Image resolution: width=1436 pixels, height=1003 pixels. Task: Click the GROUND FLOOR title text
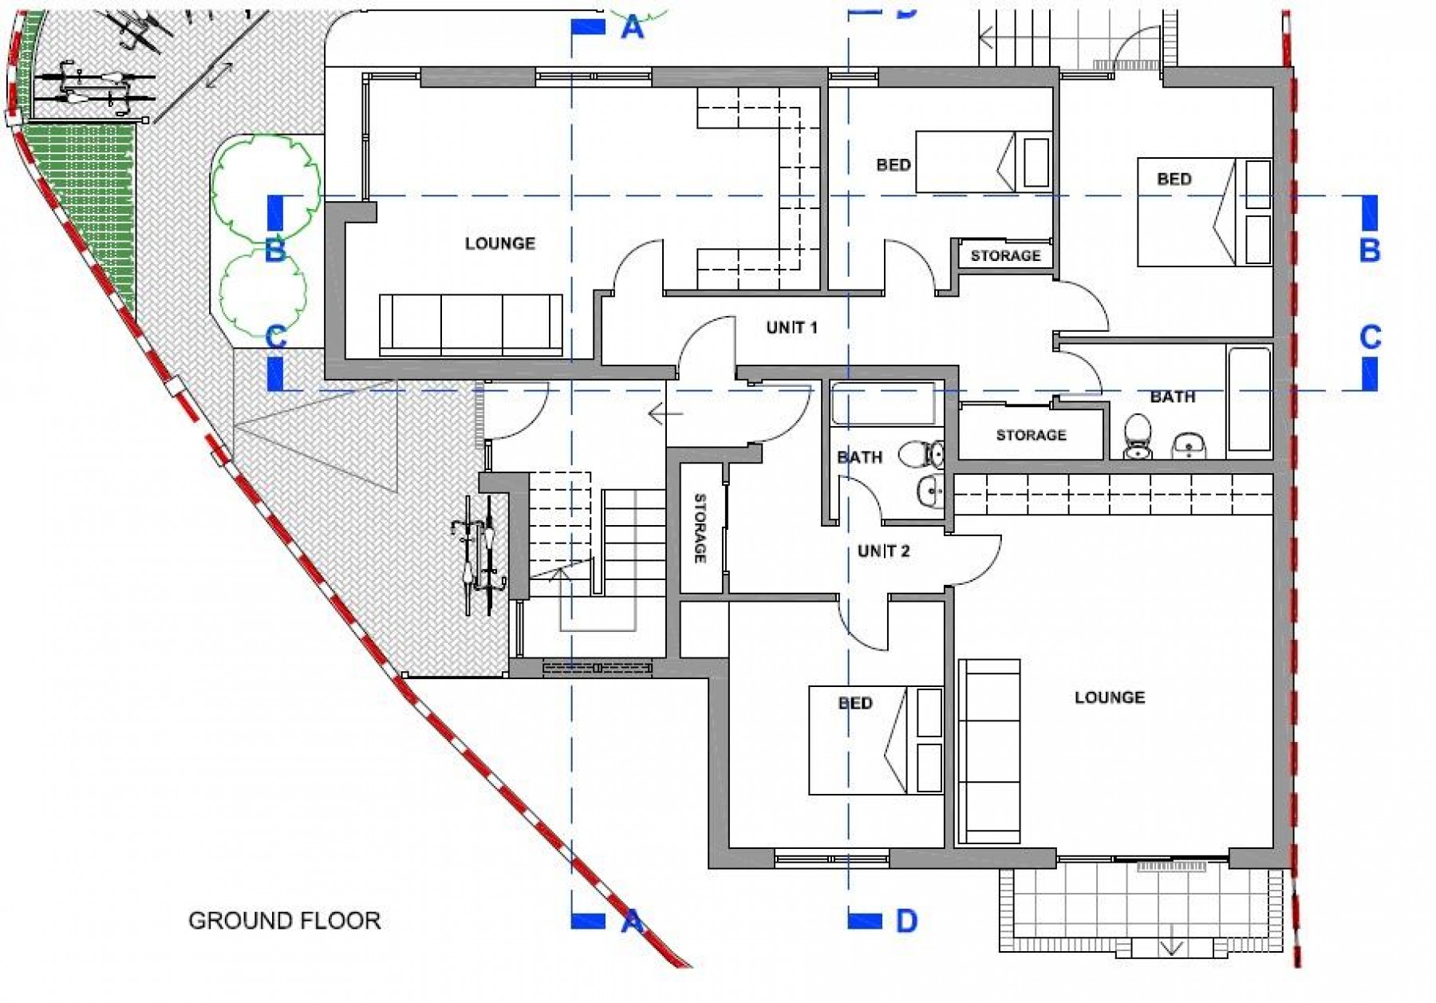pos(284,920)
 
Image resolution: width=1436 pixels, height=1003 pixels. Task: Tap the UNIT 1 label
pos(791,328)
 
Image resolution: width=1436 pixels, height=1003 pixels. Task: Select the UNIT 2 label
pos(883,551)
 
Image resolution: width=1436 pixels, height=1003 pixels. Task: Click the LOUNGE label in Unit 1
pos(500,243)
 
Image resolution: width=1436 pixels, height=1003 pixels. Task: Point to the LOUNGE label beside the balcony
pos(1109,697)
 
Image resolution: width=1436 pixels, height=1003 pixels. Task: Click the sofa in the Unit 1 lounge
pos(471,324)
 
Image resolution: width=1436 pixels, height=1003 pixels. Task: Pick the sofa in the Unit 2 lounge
pos(989,751)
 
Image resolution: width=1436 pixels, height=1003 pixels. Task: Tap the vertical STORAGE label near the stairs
pos(700,528)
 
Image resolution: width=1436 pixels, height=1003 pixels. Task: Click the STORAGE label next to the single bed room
pos(1005,256)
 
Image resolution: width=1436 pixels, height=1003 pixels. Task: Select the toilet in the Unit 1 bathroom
pos(1138,437)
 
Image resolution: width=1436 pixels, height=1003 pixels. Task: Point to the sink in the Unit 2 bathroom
pos(930,492)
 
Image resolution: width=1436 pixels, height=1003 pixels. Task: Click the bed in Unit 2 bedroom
pos(875,740)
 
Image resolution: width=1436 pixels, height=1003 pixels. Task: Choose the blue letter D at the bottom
pos(906,921)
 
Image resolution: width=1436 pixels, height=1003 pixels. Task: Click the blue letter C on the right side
pos(1370,338)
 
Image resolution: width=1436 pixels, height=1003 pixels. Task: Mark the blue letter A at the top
pos(632,27)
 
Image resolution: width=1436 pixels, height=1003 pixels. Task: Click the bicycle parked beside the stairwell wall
pos(481,565)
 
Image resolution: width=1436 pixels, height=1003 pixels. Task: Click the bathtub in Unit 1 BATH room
pos(1249,398)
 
